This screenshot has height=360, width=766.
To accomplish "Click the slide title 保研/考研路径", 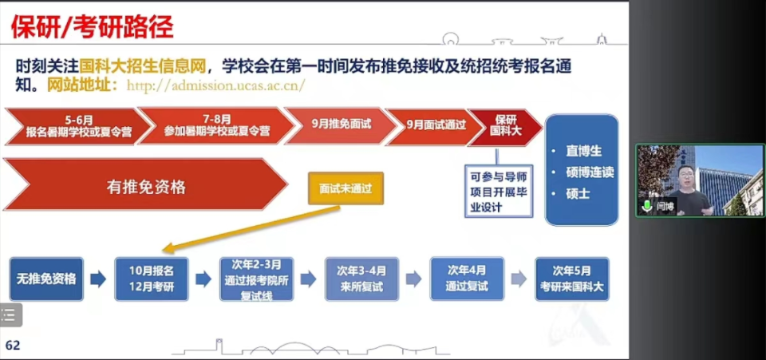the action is point(93,27).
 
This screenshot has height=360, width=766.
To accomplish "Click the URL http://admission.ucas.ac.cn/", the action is point(216,85).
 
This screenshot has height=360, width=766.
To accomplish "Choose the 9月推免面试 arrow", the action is point(341,125).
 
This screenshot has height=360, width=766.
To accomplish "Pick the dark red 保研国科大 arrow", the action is point(505,126).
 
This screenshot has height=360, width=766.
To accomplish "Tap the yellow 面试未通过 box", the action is point(345,188).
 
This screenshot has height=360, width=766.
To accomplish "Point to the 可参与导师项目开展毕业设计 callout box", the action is point(499,191).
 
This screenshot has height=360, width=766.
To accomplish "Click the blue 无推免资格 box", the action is point(46,279).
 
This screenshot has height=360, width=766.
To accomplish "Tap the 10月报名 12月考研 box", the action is point(152,279).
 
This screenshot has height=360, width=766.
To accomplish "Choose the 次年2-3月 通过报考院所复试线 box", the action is point(256,279).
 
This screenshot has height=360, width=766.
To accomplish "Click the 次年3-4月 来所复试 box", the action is point(361,279).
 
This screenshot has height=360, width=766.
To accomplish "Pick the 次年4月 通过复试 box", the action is point(467,279).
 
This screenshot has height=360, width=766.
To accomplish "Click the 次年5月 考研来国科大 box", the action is point(572,279).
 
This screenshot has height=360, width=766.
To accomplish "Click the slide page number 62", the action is point(13,346).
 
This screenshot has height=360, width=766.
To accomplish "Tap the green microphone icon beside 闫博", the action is point(648,206).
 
